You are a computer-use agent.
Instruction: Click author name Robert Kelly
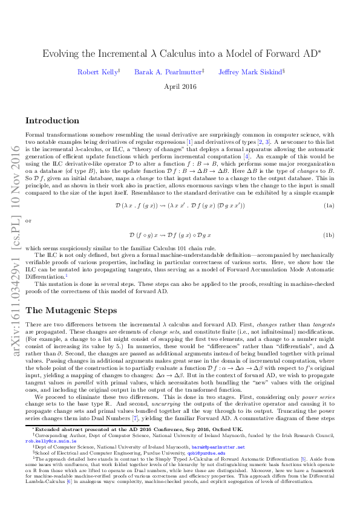(x=97, y=72)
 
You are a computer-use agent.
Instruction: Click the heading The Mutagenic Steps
(x=67, y=311)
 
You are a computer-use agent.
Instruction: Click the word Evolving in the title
(x=60, y=54)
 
